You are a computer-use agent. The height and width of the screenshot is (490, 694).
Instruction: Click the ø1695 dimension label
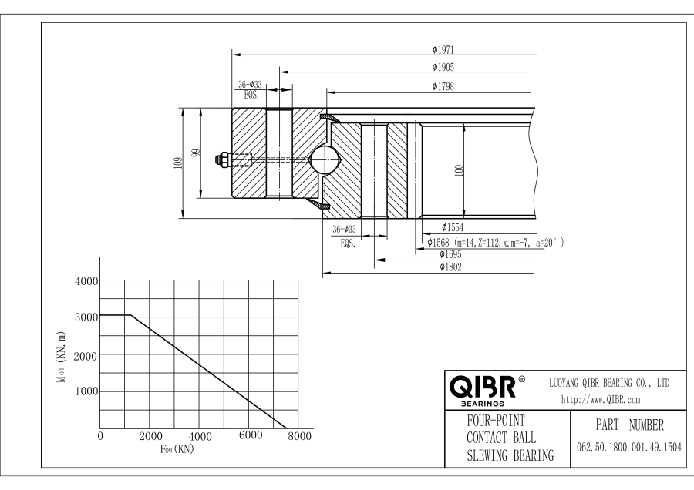pyautogui.click(x=450, y=254)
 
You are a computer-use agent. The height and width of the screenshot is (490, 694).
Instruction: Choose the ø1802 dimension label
pyautogui.click(x=450, y=267)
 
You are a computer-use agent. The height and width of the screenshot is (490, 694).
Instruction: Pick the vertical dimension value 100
pyautogui.click(x=458, y=171)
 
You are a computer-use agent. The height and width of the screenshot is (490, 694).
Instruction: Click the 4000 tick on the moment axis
pyautogui.click(x=85, y=280)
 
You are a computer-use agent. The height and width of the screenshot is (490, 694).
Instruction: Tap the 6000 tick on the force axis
pyautogui.click(x=250, y=437)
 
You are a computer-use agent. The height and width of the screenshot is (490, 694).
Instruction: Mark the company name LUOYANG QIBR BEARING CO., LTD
pyautogui.click(x=608, y=383)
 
